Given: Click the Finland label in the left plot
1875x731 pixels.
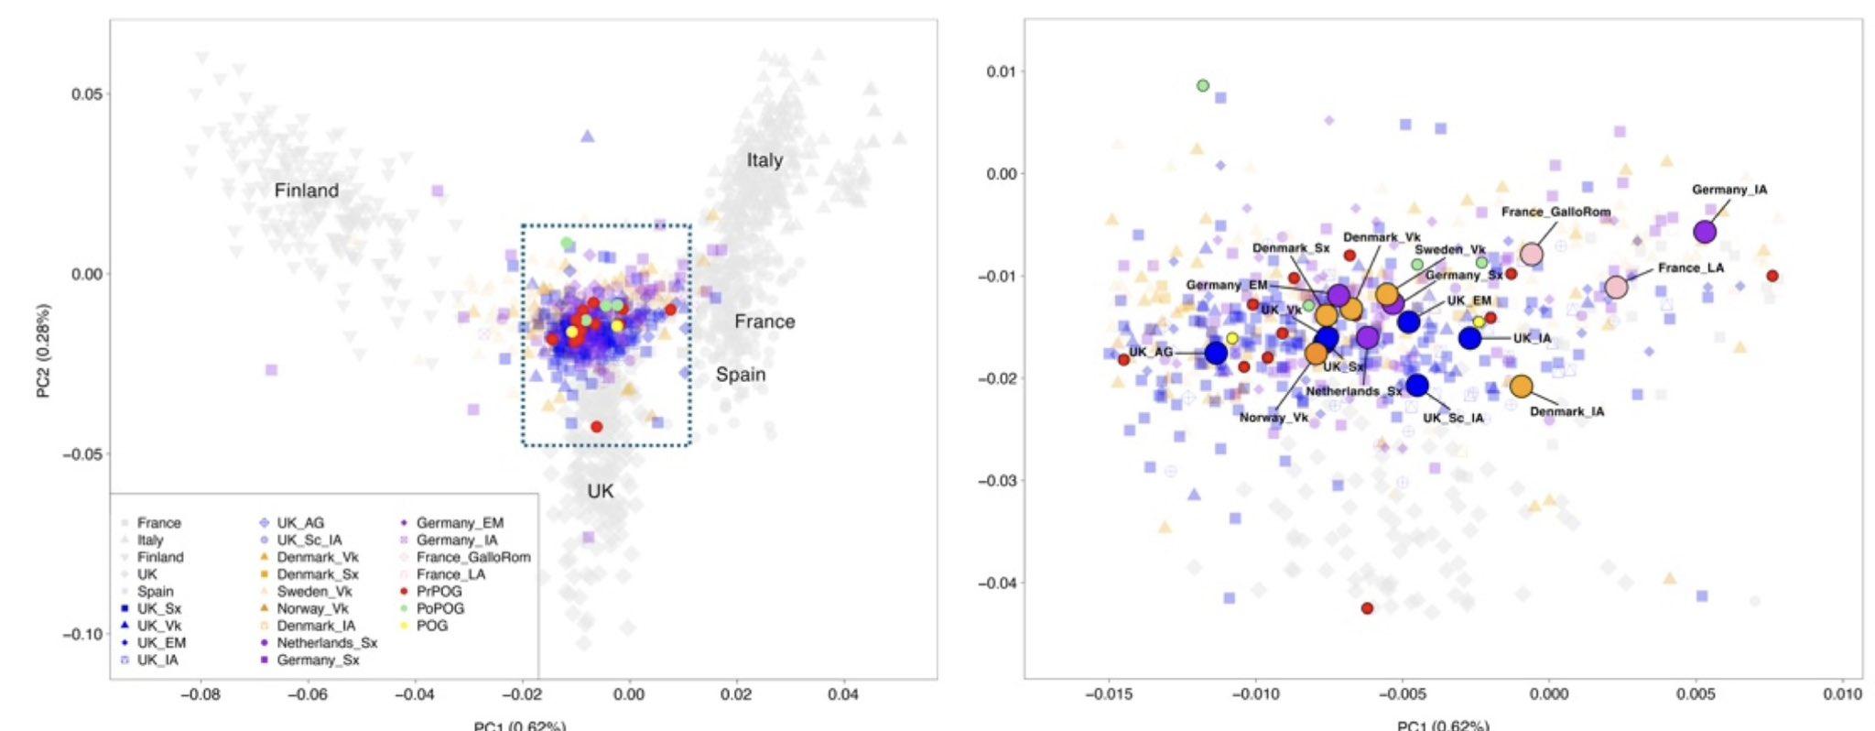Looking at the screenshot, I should [307, 191].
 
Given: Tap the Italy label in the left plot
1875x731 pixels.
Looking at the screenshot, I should [764, 160].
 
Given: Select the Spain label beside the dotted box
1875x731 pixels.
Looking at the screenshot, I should [741, 375].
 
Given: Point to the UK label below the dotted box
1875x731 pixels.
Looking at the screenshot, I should [601, 491].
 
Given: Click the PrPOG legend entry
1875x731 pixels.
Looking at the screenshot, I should [439, 592].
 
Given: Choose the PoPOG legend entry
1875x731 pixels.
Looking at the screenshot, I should [440, 608].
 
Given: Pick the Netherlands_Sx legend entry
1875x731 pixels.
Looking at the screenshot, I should [327, 643].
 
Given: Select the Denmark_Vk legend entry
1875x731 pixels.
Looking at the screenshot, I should [318, 557].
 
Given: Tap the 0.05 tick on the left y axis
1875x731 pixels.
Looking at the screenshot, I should [90, 94].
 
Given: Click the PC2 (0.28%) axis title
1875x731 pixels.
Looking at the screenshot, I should [44, 351].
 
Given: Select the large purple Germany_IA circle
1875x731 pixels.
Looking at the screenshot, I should [1704, 232].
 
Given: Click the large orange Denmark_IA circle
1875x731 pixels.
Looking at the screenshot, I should [1521, 387].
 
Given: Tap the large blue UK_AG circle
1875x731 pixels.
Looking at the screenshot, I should [1216, 353].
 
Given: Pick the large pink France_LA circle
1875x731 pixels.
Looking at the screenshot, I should [1616, 287].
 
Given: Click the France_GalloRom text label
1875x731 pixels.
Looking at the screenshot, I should [1555, 212].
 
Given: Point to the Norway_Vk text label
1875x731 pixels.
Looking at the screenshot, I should [1274, 418].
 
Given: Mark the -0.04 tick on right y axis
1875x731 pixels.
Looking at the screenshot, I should [997, 583].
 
